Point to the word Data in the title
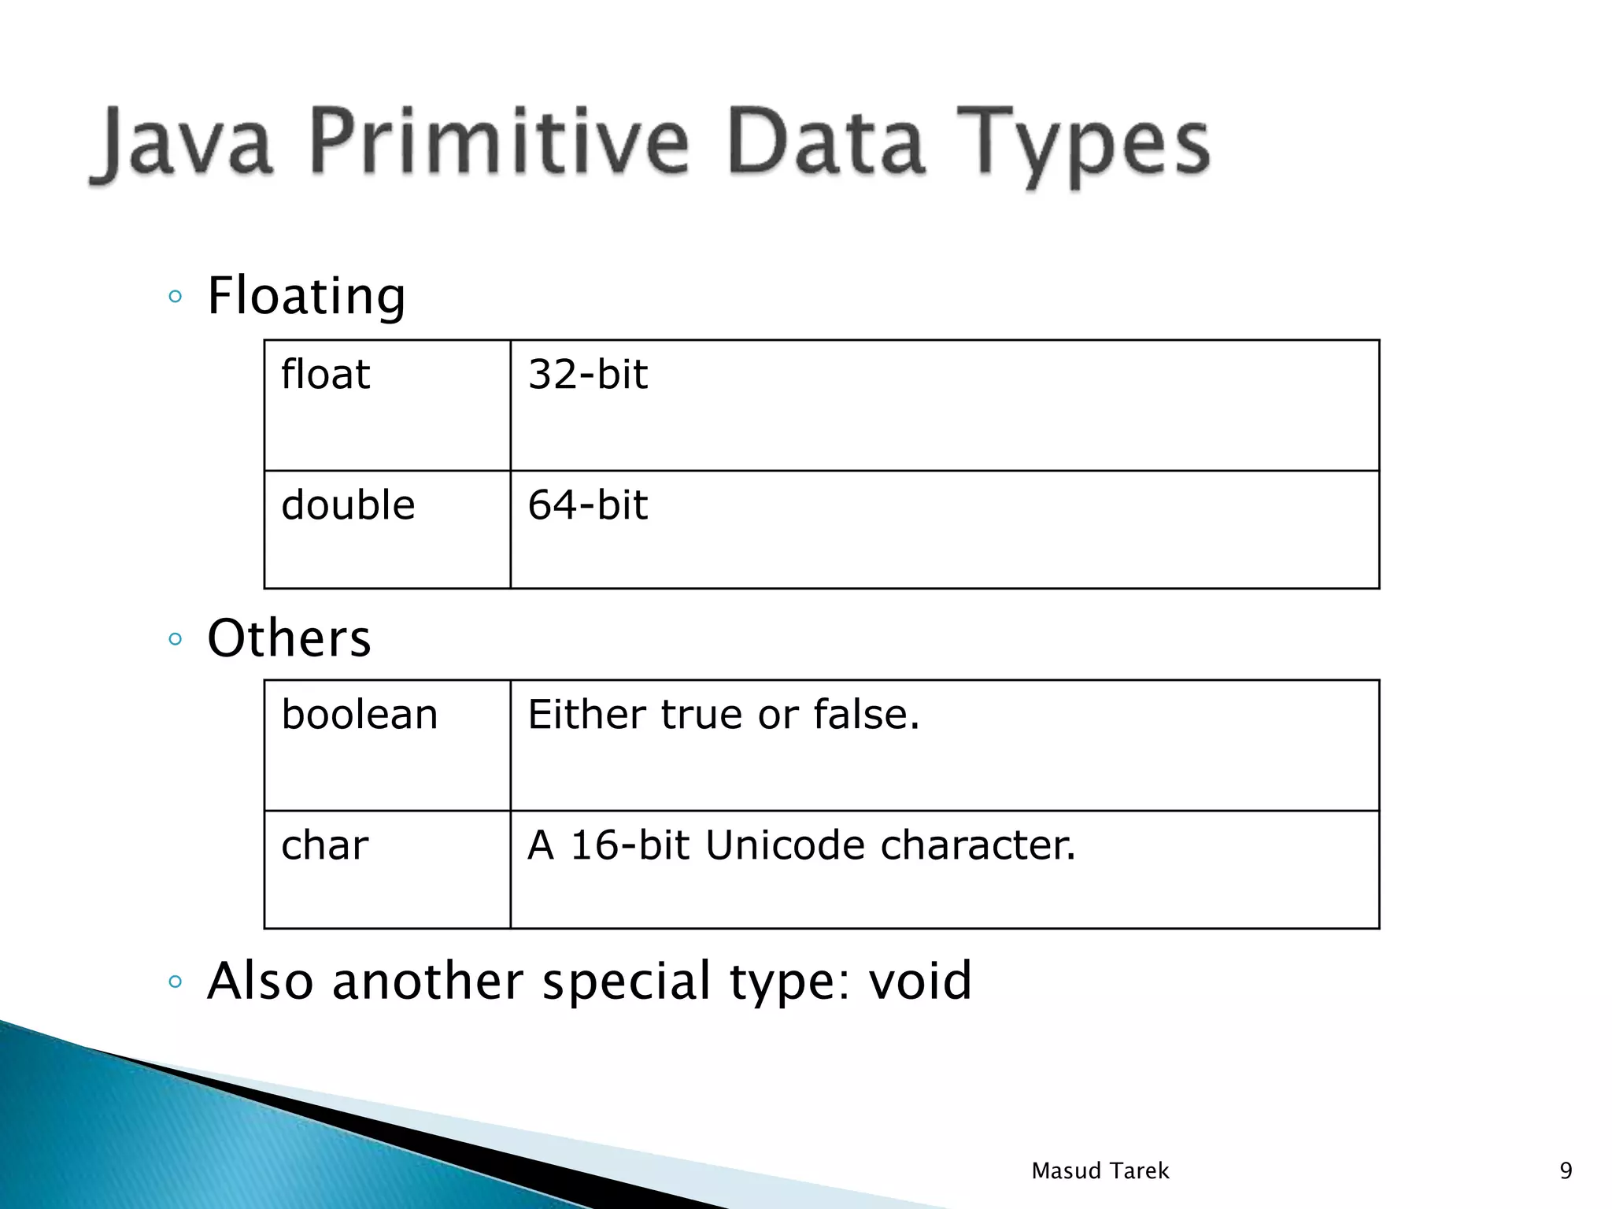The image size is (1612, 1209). [x=825, y=142]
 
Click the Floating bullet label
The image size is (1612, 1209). [x=306, y=297]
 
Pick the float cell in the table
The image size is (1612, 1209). [x=325, y=375]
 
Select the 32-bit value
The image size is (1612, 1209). [x=587, y=375]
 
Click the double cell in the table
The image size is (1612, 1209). [x=348, y=505]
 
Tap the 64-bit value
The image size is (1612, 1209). [x=587, y=505]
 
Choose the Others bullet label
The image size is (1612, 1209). [x=289, y=638]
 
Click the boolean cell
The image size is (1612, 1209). [x=359, y=715]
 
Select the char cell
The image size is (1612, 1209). [x=324, y=846]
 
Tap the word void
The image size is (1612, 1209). [x=920, y=982]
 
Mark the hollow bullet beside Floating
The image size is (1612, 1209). [x=176, y=298]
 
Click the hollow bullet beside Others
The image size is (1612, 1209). [x=176, y=639]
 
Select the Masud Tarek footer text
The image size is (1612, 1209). [x=1100, y=1171]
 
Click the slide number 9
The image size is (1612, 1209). [x=1566, y=1171]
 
